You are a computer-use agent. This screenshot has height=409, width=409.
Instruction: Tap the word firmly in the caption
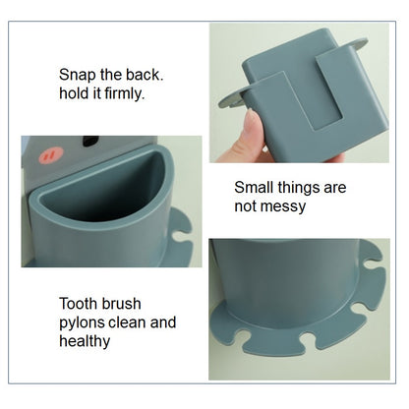[x=125, y=93]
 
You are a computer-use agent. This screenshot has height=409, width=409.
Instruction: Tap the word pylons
[x=82, y=322]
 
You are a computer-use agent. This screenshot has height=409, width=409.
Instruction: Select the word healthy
[x=85, y=341]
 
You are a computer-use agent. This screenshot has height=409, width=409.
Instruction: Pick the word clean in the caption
[x=127, y=322]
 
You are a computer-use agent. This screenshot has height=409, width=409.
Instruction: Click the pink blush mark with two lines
[x=51, y=155]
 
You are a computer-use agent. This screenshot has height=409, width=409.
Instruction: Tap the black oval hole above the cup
[x=91, y=141]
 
